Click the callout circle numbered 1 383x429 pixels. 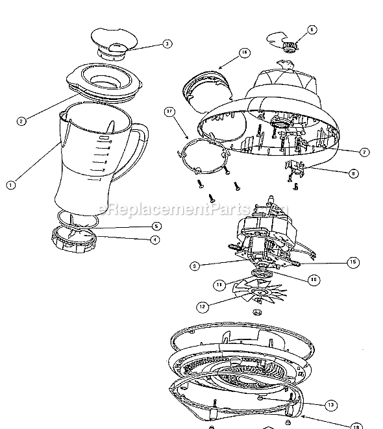pyautogui.click(x=10, y=184)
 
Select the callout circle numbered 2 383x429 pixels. pyautogui.click(x=21, y=121)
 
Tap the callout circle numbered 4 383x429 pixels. pyautogui.click(x=154, y=239)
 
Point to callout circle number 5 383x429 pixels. pyautogui.click(x=156, y=226)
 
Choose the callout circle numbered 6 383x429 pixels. pyautogui.click(x=312, y=29)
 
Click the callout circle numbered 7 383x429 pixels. pyautogui.click(x=365, y=151)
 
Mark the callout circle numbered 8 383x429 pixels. pyautogui.click(x=353, y=173)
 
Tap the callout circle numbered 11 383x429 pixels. pyautogui.click(x=220, y=284)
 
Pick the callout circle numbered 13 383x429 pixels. pyautogui.click(x=332, y=404)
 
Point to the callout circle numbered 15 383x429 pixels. pyautogui.click(x=352, y=262)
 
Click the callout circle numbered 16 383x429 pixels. pyautogui.click(x=244, y=53)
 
